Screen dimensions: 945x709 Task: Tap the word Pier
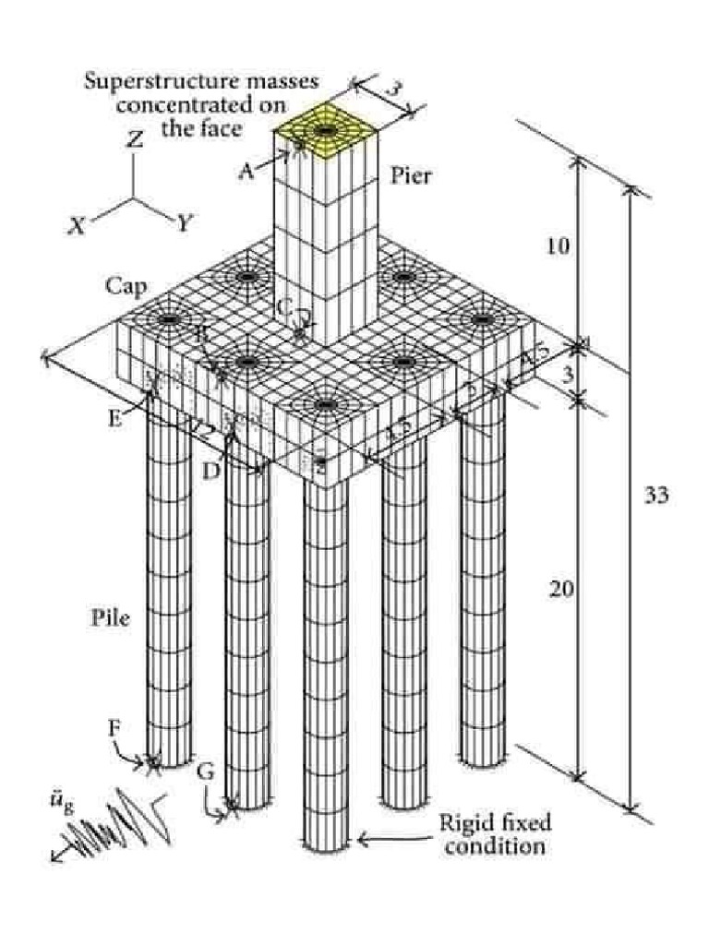coord(410,175)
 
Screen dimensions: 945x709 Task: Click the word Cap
coord(126,287)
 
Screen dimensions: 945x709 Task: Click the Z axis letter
coord(136,140)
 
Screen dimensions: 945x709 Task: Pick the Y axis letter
coord(185,222)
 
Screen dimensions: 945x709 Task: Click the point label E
coord(114,417)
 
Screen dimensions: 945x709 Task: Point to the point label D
coord(212,471)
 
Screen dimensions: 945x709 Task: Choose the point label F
coord(114,728)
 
